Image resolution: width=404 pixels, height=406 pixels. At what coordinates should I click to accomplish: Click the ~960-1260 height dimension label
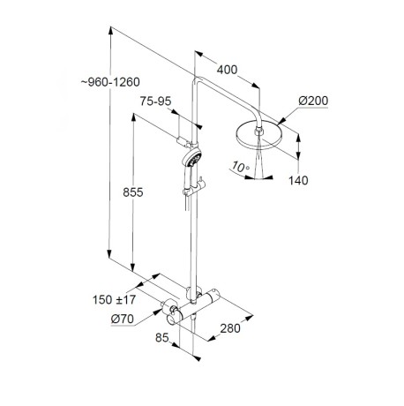click(x=110, y=82)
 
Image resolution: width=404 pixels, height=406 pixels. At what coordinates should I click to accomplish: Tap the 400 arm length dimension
click(x=227, y=70)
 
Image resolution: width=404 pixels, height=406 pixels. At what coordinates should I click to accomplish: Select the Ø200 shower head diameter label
click(x=313, y=101)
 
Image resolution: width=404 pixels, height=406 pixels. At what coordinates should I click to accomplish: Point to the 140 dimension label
click(x=298, y=180)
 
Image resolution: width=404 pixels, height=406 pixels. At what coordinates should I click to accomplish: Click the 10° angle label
click(x=240, y=167)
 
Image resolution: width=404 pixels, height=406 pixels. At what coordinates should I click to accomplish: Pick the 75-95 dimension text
click(x=155, y=101)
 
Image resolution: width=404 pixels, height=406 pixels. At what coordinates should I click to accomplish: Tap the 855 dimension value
click(x=133, y=192)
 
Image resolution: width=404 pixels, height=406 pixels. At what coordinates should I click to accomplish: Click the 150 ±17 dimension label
click(x=114, y=300)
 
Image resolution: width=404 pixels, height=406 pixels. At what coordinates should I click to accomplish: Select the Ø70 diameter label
click(x=123, y=319)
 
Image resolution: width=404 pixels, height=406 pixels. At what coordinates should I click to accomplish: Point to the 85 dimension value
click(x=162, y=337)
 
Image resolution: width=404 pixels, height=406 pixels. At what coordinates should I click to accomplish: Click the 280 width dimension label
click(x=230, y=328)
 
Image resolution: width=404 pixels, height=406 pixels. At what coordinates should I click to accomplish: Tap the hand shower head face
click(x=193, y=158)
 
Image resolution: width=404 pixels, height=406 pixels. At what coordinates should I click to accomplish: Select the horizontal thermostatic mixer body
click(x=194, y=306)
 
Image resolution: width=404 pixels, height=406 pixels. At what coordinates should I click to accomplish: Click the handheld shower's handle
click(x=188, y=178)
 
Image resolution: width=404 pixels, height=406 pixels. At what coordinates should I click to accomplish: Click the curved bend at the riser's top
click(x=197, y=81)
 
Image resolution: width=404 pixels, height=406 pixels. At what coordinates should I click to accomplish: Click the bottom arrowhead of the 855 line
click(x=133, y=267)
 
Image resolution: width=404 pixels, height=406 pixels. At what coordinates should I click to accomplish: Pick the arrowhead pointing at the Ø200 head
click(x=281, y=121)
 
